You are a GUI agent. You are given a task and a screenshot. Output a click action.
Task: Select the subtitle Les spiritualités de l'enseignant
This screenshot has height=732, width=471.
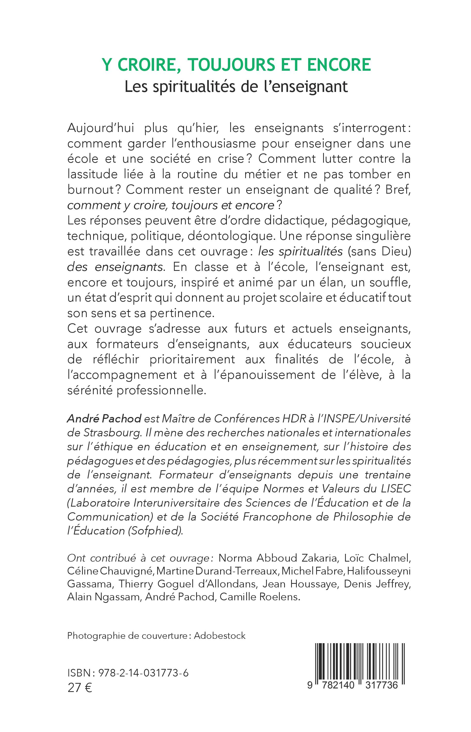(236, 87)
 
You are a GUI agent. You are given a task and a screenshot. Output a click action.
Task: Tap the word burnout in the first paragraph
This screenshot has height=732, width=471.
(91, 190)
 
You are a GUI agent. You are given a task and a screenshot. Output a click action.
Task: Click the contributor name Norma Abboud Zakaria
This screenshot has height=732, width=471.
(278, 558)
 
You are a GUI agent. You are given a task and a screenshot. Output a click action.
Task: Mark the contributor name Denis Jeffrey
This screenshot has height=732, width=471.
(377, 584)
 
